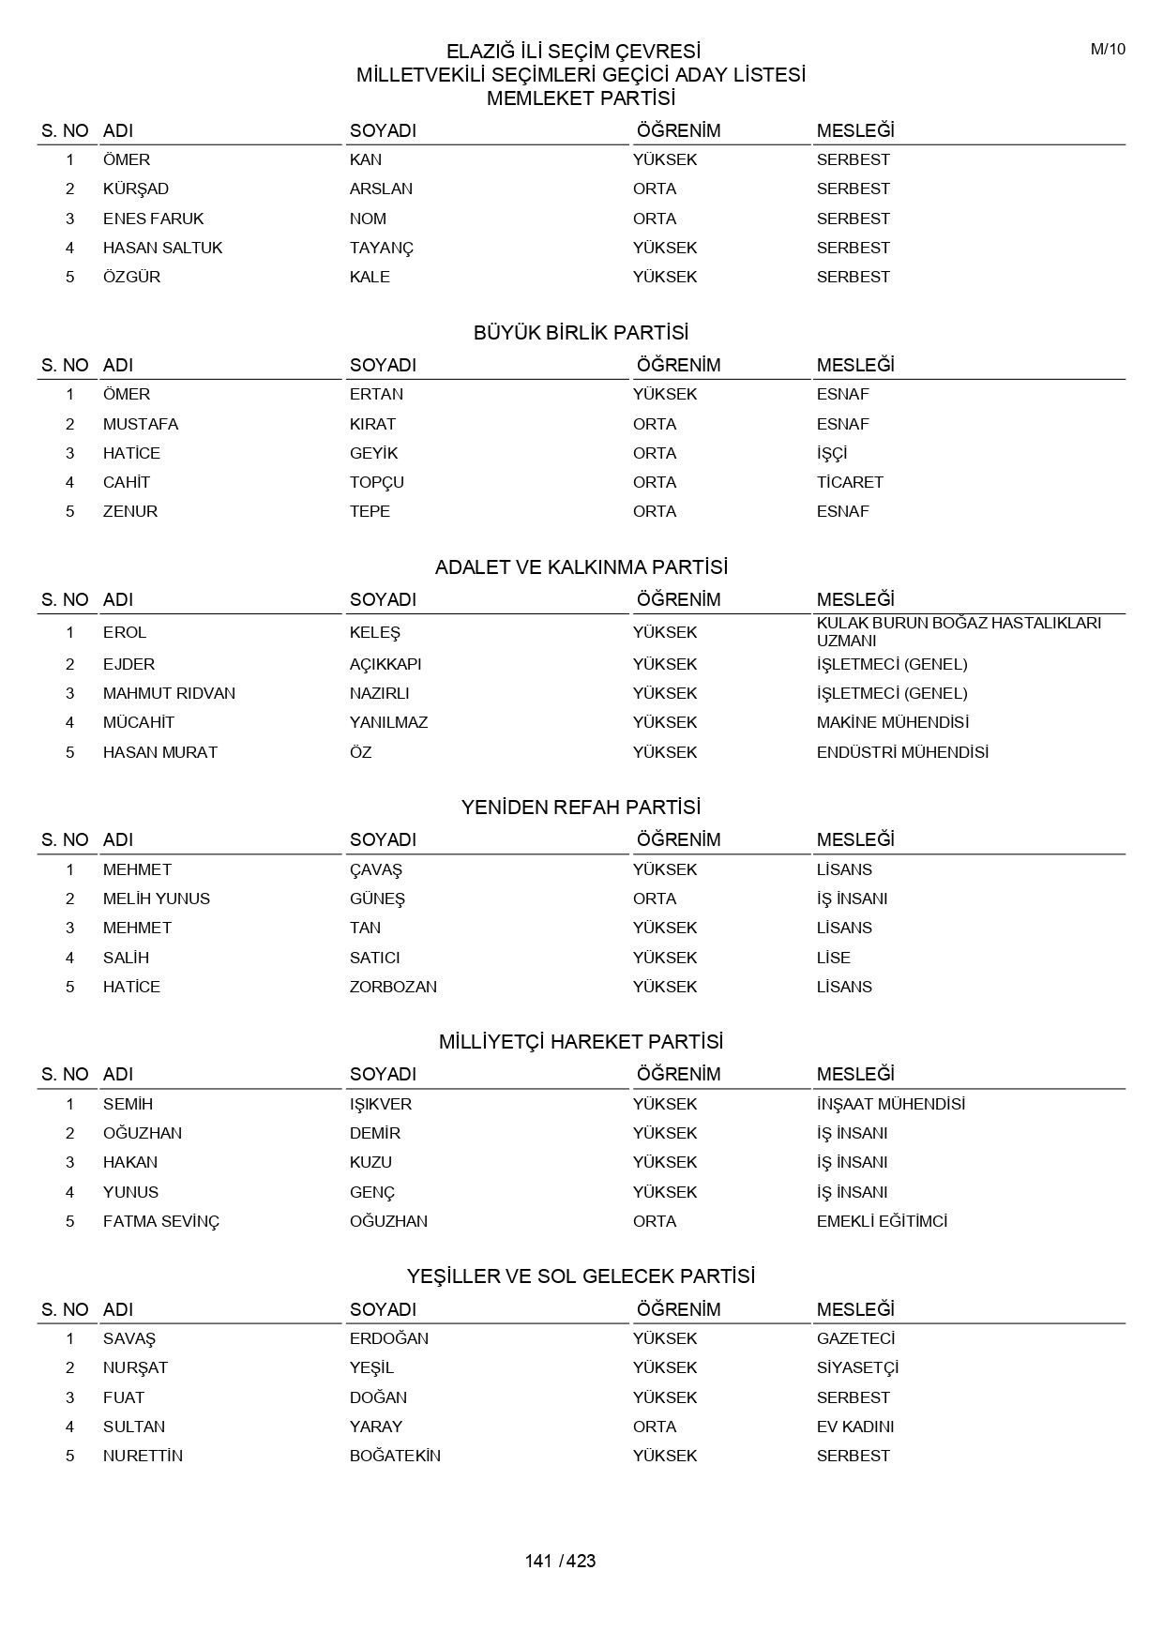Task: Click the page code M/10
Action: (1108, 50)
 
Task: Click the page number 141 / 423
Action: (560, 1561)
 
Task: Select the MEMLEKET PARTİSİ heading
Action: (581, 98)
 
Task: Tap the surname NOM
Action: (368, 219)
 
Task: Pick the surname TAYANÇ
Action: (381, 248)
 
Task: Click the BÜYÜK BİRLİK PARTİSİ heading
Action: (581, 333)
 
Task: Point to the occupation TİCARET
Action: (850, 482)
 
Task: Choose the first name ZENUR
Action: (130, 511)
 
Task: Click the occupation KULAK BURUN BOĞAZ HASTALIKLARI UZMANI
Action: (958, 631)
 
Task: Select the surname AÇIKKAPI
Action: (385, 664)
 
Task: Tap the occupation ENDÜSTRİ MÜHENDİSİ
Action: (902, 752)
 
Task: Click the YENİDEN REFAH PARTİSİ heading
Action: (581, 808)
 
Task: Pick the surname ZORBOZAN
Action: (393, 987)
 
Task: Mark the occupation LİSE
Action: (833, 958)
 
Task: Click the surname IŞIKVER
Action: (381, 1104)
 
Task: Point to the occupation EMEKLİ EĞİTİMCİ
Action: (882, 1221)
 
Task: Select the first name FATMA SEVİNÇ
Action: (160, 1221)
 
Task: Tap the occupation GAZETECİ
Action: (855, 1338)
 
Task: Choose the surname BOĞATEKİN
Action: (395, 1456)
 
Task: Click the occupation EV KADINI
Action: (854, 1427)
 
